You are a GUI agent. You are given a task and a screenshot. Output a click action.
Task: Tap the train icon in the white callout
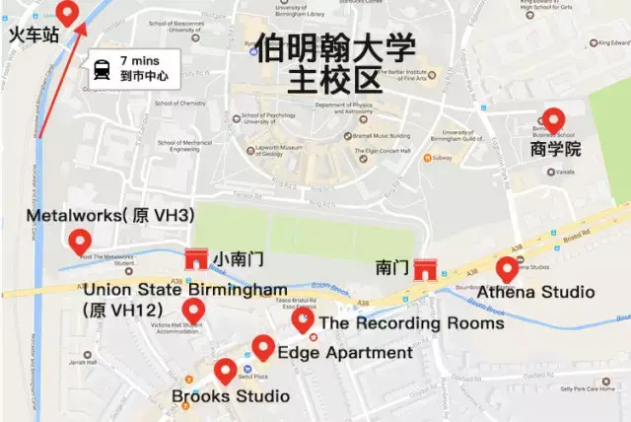(x=103, y=68)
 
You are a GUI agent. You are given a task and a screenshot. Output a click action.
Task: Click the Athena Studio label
(x=535, y=293)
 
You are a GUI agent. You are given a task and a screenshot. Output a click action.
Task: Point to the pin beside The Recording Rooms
(x=304, y=320)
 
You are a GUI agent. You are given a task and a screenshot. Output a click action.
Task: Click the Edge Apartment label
(x=345, y=353)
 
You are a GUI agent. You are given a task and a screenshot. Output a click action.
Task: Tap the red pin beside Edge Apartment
(x=262, y=347)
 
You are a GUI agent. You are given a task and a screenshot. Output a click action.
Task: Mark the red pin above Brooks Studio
(x=226, y=372)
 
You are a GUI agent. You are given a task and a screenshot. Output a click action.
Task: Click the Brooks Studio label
(x=231, y=396)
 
